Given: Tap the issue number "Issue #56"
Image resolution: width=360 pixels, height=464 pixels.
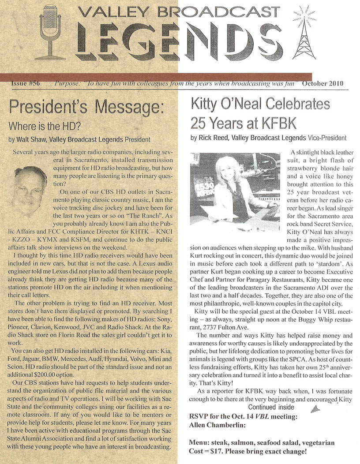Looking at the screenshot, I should point(24,84).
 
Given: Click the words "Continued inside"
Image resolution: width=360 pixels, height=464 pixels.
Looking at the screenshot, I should point(270,407).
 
